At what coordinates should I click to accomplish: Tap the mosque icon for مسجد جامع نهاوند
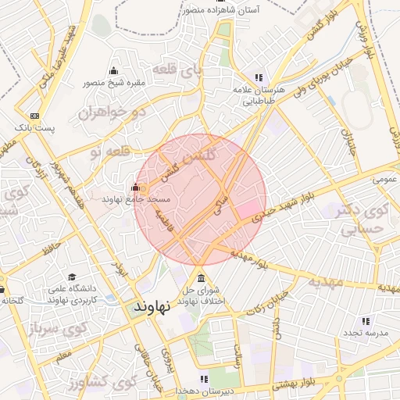click(136, 187)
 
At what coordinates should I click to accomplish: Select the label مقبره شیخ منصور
click(114, 82)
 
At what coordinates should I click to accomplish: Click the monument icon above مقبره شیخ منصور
click(114, 71)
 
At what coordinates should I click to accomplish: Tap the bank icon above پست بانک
click(34, 115)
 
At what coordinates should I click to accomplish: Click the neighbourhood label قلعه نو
click(105, 151)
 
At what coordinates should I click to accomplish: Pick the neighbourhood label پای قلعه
click(176, 70)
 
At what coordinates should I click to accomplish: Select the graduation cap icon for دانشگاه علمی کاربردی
click(72, 277)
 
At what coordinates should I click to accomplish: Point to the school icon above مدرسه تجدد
click(366, 321)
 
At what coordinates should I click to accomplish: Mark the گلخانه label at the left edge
click(12, 300)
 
